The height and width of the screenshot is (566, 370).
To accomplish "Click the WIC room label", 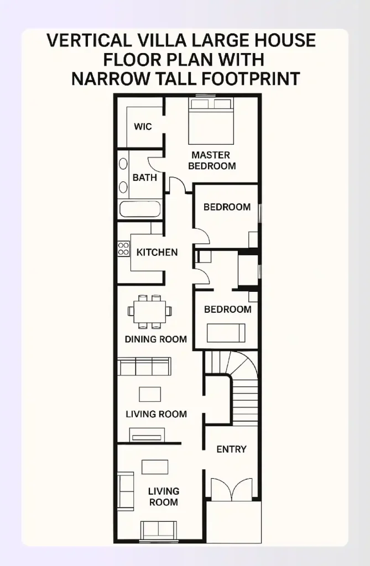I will tap(143, 127).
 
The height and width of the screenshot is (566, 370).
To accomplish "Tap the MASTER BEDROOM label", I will tap(211, 160).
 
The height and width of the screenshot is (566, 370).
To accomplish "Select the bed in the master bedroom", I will tap(211, 120).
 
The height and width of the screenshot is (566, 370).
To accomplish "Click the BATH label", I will tap(144, 177).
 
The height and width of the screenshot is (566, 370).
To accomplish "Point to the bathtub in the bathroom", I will tap(140, 209).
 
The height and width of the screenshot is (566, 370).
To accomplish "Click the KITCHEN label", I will tap(157, 252).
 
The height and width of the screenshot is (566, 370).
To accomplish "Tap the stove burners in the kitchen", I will tap(123, 249).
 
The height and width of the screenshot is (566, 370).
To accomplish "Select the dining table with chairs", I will tap(149, 311).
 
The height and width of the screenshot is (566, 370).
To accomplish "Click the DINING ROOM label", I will tap(155, 339).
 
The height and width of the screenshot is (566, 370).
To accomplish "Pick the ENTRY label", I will tap(231, 449).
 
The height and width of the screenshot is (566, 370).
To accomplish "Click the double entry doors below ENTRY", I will tap(232, 490).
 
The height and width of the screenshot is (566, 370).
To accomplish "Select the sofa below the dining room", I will tap(144, 366).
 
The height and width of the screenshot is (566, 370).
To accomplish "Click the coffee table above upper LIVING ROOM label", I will tap(150, 394).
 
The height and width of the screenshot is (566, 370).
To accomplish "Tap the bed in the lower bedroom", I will tap(226, 333).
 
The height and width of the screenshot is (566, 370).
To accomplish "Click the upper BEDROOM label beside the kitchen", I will tap(227, 207).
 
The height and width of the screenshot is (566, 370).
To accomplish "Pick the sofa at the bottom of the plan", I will tap(159, 530).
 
